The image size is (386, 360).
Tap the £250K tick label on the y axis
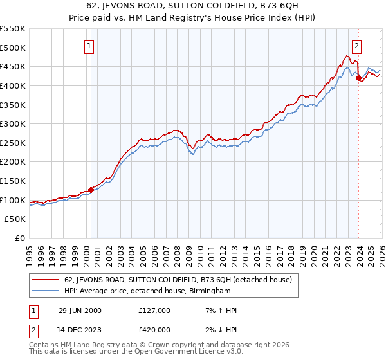(x=13, y=143)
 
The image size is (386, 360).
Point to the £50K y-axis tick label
(x=15, y=219)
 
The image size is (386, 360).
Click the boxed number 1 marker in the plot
(x=89, y=46)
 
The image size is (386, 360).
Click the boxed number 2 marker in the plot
(x=356, y=46)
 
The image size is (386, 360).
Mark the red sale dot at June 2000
(x=91, y=190)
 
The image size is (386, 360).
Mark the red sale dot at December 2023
(x=359, y=78)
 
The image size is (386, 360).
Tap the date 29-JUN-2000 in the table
(x=79, y=310)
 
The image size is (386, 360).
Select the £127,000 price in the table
(x=154, y=310)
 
